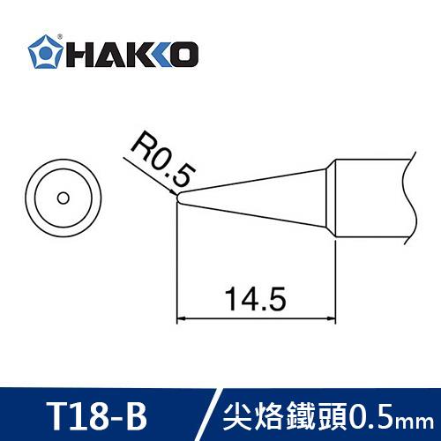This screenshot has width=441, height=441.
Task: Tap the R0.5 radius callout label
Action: point(158,158)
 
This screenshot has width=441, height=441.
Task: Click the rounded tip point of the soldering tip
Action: point(179,200)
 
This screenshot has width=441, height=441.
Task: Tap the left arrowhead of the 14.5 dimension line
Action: point(183,318)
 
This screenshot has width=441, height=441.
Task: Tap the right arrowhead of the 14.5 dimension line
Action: point(333,318)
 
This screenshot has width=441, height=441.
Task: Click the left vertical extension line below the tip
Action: point(177,265)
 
